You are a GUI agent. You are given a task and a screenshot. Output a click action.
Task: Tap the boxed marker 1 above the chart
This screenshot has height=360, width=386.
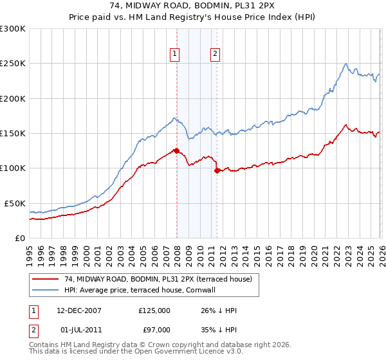175,55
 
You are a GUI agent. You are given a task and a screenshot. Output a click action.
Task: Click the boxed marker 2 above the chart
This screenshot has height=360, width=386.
215,55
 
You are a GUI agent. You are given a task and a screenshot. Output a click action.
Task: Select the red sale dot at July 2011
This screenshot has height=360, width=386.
217,170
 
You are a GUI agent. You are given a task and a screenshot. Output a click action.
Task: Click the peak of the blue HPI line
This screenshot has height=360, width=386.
346,64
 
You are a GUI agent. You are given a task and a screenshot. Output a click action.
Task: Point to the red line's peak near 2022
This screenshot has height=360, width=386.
346,125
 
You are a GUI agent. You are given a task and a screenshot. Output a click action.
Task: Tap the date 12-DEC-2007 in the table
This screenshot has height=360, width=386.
78,310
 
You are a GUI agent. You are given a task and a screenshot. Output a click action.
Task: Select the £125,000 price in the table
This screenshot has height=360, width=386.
154,310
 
